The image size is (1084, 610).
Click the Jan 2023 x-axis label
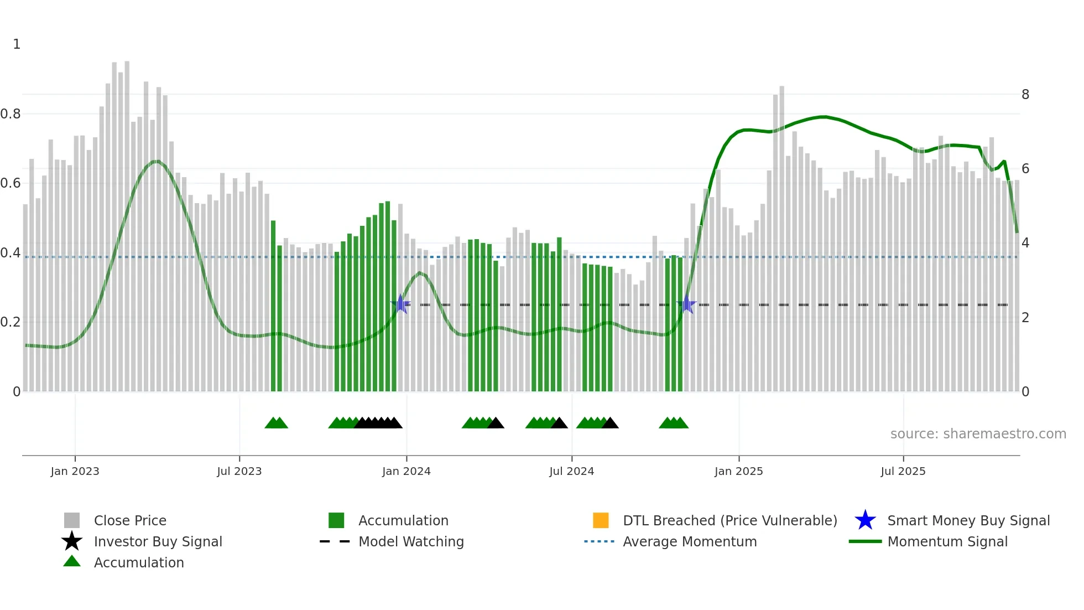pos(75,471)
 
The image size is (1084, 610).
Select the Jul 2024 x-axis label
pos(571,471)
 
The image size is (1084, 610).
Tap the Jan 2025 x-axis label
pos(738,471)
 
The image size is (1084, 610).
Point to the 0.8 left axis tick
pos(11,114)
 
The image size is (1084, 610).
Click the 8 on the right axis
pos(1025,95)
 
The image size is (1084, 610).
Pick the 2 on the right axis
pos(1025,318)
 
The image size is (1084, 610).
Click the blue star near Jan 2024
pos(400,304)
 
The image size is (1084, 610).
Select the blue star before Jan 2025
pos(686,304)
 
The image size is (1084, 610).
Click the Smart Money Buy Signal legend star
pos(865,520)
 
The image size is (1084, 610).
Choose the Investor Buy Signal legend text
pos(158,541)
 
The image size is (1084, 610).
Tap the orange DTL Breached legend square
pos(600,520)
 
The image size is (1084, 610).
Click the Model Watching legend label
pos(411,541)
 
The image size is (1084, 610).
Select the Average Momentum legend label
pos(690,541)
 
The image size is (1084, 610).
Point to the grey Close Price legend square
pos(72,520)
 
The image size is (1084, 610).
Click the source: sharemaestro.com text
pos(978,433)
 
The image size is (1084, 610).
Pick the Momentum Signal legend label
pos(947,541)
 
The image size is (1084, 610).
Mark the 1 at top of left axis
pos(17,44)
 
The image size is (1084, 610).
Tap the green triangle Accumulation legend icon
pos(72,561)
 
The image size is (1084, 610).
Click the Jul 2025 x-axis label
pos(903,471)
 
